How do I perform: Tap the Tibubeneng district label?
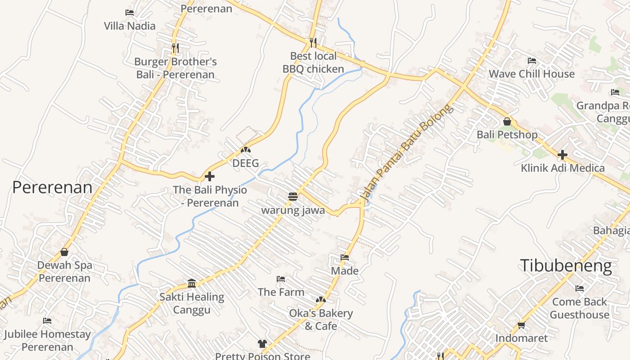[566, 265]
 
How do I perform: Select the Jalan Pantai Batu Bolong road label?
[406, 153]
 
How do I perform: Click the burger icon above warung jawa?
[293, 197]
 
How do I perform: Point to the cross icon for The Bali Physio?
[210, 176]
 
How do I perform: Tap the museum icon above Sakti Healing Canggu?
[192, 283]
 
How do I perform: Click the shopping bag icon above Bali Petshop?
[507, 121]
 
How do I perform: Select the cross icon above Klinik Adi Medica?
[562, 155]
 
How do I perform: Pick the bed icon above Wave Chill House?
[531, 60]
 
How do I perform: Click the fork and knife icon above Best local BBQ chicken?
[313, 43]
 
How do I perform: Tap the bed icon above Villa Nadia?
[130, 13]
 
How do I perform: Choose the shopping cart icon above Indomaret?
[521, 325]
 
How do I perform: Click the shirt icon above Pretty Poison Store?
[262, 344]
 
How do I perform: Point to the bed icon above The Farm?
[281, 279]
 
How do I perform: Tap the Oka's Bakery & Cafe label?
[321, 319]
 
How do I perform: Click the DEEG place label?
[246, 163]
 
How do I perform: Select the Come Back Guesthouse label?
[580, 308]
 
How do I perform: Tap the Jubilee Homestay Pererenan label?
[47, 341]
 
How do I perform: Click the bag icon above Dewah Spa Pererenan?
[64, 252]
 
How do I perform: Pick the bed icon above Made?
[345, 257]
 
